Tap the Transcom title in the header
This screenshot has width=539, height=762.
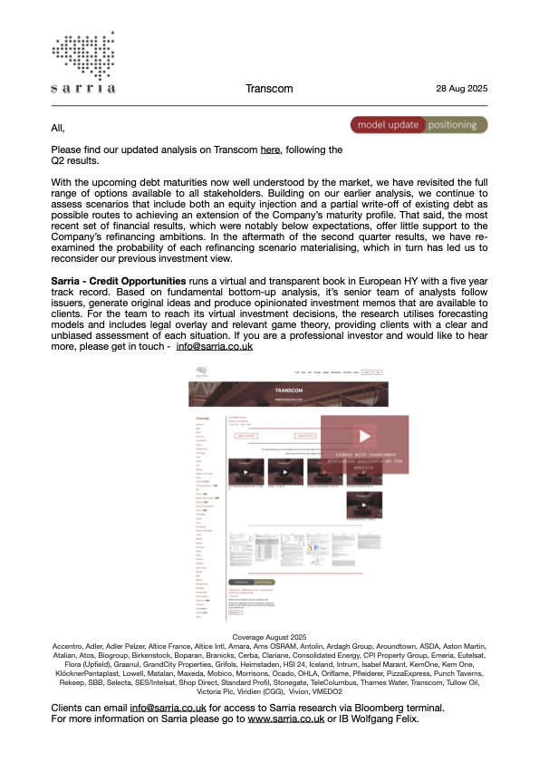pyautogui.click(x=269, y=89)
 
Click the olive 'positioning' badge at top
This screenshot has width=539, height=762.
pyautogui.click(x=457, y=125)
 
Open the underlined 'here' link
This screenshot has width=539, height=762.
pyautogui.click(x=270, y=150)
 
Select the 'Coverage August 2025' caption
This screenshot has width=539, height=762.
pyautogui.click(x=269, y=638)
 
